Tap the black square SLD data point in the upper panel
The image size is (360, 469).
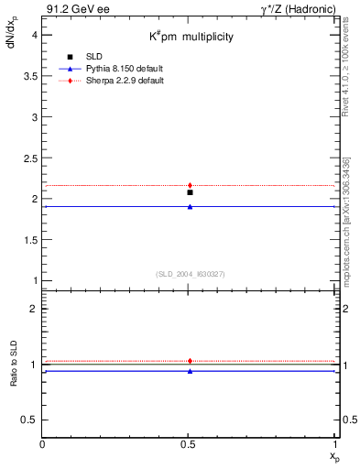(x=190, y=192)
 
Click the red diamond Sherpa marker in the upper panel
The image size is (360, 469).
(x=190, y=185)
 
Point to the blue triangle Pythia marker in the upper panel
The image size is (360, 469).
(x=190, y=206)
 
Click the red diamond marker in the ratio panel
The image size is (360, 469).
(x=190, y=361)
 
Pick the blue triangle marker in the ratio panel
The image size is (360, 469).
(x=190, y=371)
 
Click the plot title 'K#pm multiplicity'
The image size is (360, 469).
(x=192, y=37)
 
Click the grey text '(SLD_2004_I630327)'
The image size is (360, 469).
(x=191, y=274)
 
